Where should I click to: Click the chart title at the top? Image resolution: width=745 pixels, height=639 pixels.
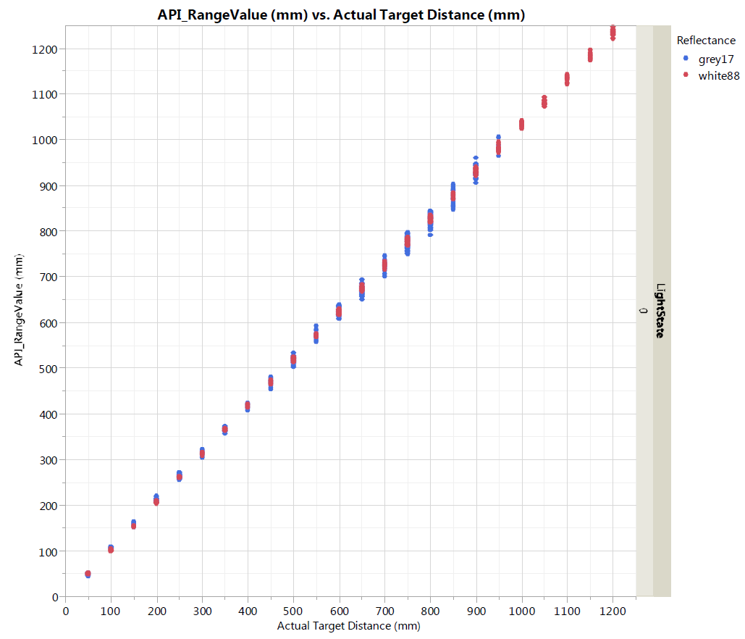[341, 14]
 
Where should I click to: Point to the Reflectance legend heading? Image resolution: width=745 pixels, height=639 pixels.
[706, 41]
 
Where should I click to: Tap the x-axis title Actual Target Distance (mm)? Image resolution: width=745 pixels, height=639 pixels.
[348, 625]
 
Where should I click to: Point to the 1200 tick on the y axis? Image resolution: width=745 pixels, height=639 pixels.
[44, 49]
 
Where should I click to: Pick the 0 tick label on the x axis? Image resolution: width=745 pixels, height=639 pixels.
[65, 611]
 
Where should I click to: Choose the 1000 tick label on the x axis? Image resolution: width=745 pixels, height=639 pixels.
[521, 611]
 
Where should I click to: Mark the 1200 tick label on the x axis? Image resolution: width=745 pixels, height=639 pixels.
[613, 611]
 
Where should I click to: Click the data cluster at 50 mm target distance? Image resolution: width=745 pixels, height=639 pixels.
[88, 574]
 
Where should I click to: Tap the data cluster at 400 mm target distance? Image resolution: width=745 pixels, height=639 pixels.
[248, 406]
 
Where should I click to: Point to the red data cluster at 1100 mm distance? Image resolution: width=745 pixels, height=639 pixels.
[567, 78]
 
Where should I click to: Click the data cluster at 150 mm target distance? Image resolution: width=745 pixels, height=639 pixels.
[133, 524]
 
